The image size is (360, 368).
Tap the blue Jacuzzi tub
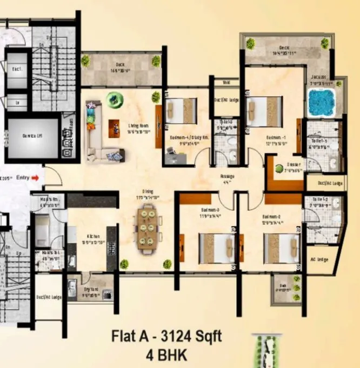point(322,103)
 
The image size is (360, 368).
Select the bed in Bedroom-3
point(216,248)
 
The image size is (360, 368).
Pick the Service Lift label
point(31,137)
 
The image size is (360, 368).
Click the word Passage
point(228,177)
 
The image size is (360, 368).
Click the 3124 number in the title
point(174,335)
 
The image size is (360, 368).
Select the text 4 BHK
point(165,356)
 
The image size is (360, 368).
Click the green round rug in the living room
point(114,98)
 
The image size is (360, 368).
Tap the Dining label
point(148,191)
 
